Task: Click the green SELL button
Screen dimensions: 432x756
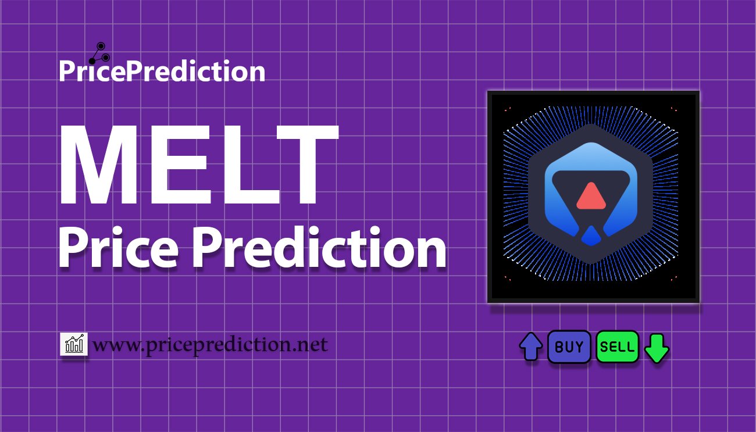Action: click(618, 347)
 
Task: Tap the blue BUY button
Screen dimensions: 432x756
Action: click(569, 347)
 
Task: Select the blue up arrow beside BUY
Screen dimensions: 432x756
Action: click(531, 347)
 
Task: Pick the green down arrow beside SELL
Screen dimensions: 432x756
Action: click(657, 348)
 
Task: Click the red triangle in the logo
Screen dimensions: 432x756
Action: click(591, 196)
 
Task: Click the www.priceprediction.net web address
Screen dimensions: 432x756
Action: click(210, 345)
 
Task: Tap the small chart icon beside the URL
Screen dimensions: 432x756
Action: click(74, 344)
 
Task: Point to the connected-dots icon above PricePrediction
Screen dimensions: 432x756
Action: click(97, 52)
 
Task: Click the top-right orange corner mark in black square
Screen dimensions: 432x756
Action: click(673, 109)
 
